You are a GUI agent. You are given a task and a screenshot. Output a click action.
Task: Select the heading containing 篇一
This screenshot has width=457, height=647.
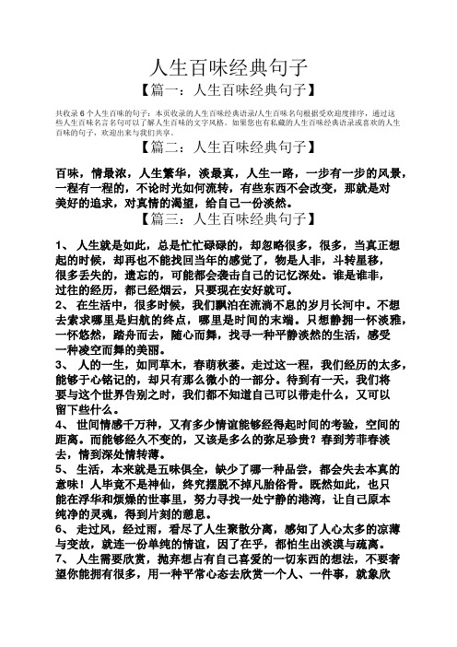(228, 91)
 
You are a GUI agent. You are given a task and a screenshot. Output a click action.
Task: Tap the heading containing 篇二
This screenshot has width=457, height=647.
(228, 147)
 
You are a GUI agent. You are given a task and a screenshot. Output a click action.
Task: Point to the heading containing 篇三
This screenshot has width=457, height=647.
(228, 218)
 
